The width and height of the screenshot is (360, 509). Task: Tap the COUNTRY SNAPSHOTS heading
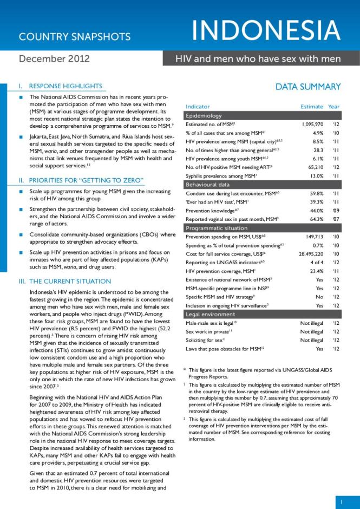tap(75, 37)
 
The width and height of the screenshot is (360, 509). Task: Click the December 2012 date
tap(54, 58)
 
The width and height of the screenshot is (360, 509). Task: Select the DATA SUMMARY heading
tap(308, 87)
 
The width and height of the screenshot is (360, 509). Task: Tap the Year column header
tap(334, 107)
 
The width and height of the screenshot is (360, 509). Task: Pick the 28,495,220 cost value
tap(307, 254)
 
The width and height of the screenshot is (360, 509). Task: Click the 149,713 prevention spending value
tap(312, 237)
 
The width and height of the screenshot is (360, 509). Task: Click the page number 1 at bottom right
tap(342, 502)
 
